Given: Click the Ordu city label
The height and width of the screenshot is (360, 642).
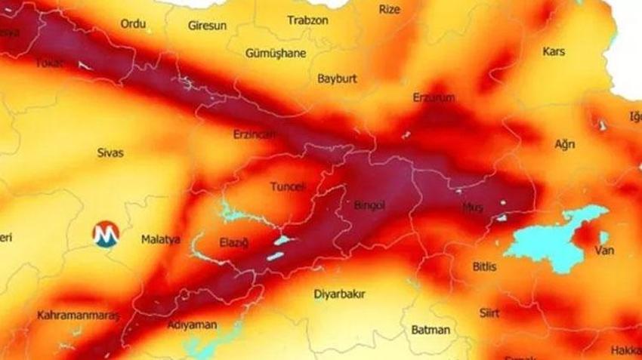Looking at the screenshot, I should click(133, 24).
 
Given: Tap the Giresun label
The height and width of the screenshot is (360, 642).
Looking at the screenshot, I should click(207, 26).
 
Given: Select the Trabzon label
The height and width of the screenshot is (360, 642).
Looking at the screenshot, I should click(307, 20).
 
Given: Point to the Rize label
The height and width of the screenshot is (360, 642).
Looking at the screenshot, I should click(389, 10).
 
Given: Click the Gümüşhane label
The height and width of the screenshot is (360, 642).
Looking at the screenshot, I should click(276, 53).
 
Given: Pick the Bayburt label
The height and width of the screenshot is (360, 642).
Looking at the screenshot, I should click(337, 78).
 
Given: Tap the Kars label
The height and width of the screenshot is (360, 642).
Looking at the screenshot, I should click(554, 51).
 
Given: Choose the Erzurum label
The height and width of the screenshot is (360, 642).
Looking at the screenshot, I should click(434, 98).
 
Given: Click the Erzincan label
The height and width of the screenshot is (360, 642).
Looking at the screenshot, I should click(255, 134).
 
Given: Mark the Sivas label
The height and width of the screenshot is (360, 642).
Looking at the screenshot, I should click(110, 152).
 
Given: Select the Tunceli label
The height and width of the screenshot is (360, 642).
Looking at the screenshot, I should click(287, 186).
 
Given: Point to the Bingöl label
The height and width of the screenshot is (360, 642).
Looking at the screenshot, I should click(369, 205).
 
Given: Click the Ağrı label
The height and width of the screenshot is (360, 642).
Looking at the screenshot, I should click(564, 144).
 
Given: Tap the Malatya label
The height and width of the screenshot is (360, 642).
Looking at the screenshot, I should click(160, 239).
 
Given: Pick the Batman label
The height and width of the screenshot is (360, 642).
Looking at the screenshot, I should click(431, 329).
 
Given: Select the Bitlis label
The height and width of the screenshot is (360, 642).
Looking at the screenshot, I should click(486, 266).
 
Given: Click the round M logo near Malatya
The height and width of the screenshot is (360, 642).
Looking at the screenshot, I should click(106, 234).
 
